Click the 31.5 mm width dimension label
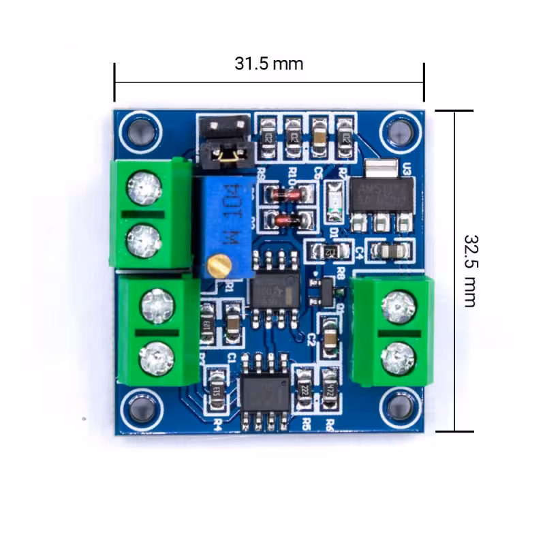pos(268,64)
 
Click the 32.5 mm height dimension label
pos(470,270)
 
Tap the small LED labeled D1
pos(334,202)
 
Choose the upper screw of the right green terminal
pos(398,308)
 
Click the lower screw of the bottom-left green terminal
pos(156,356)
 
